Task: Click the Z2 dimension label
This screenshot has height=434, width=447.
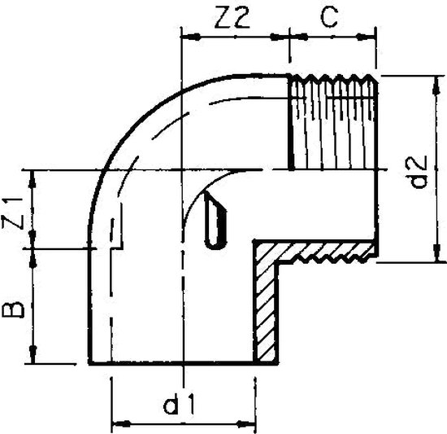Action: point(234,18)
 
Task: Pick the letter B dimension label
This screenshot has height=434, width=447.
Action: point(19,308)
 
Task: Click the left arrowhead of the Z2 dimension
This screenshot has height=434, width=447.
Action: point(186,36)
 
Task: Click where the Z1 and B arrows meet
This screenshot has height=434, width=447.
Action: point(33,247)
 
